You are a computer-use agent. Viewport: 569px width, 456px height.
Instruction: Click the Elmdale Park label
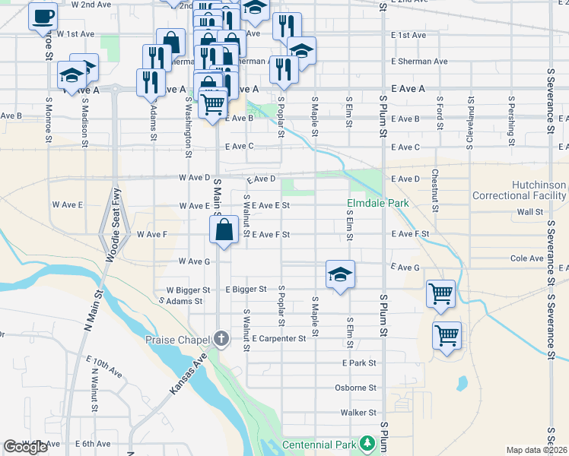tap(378, 203)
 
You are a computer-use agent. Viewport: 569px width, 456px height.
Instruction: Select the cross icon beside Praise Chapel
tap(221, 338)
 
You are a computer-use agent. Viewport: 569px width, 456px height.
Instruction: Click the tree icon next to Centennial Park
tap(367, 443)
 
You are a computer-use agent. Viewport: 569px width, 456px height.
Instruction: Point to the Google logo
tap(26, 447)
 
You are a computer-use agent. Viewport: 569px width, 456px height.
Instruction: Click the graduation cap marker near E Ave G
tap(340, 274)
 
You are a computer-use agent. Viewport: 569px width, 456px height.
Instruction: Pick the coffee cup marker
tap(43, 16)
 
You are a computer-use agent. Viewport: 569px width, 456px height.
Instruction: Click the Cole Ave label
tap(526, 258)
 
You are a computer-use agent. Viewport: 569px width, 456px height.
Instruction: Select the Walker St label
tap(358, 413)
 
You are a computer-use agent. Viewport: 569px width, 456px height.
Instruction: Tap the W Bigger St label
tap(183, 290)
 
